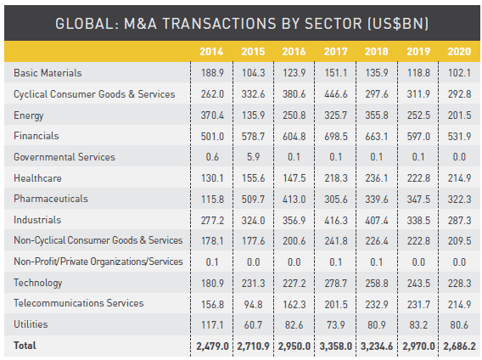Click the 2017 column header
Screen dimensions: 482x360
point(335,52)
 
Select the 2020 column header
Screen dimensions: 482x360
point(459,52)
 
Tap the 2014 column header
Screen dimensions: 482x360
point(211,52)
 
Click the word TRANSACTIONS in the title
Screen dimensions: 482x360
point(219,24)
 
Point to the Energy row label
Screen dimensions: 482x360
point(29,115)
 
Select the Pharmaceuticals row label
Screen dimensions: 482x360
point(51,199)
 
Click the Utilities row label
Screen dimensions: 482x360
point(31,324)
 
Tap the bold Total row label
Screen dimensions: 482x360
point(25,346)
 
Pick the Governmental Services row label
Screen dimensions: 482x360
point(64,157)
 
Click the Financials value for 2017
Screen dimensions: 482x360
point(336,137)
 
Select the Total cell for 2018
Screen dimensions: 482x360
point(377,346)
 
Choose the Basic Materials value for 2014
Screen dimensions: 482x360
point(212,73)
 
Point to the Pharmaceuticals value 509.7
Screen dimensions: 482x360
point(253,199)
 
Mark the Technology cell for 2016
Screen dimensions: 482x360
point(294,283)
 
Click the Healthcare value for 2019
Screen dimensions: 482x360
point(418,178)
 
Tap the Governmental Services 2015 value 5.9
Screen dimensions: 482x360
point(253,157)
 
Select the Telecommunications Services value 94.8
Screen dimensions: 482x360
point(253,305)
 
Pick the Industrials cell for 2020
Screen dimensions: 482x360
point(459,221)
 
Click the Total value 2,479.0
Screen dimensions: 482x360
point(212,346)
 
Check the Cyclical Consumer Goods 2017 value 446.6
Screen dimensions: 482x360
point(336,94)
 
